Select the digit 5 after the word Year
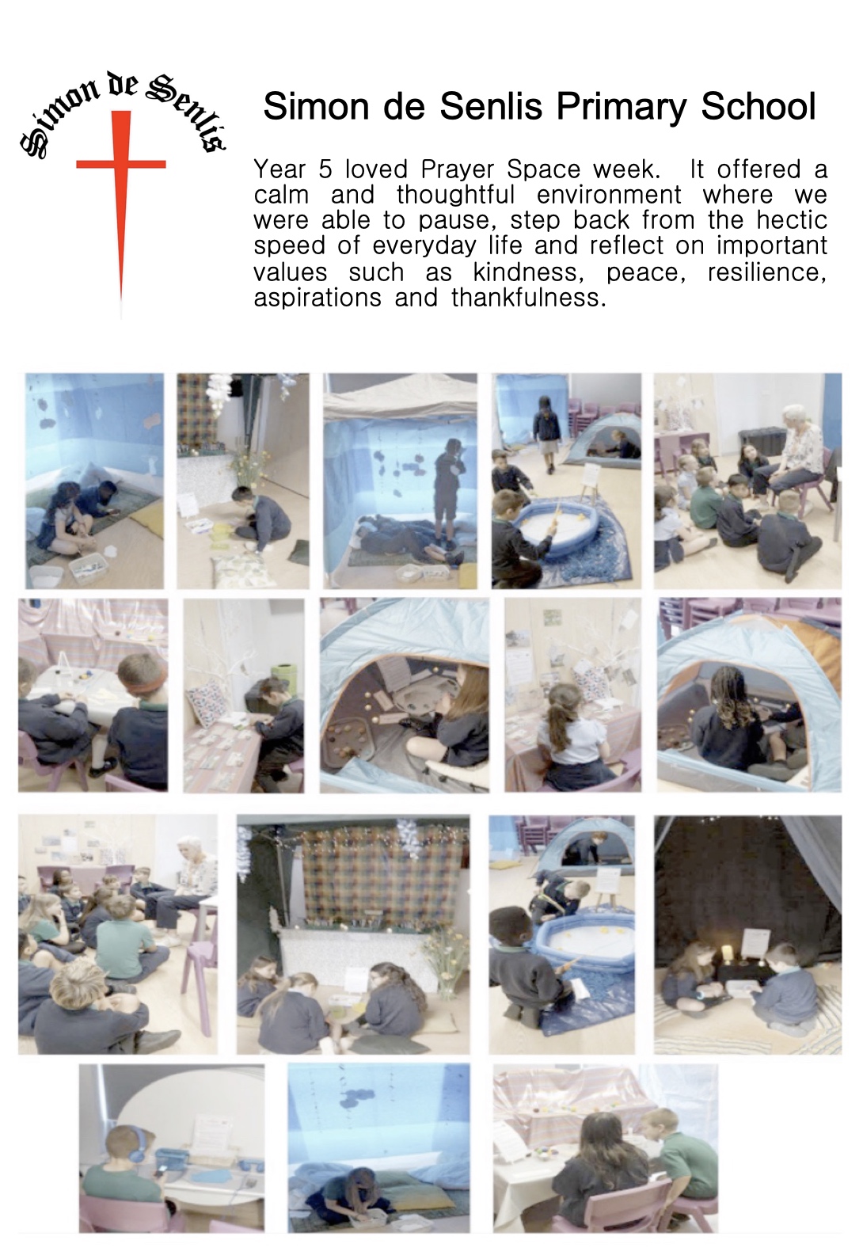point(326,169)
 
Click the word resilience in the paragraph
point(767,273)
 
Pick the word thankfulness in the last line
point(529,298)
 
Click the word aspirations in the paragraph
point(317,298)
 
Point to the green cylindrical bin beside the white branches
point(283,681)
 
